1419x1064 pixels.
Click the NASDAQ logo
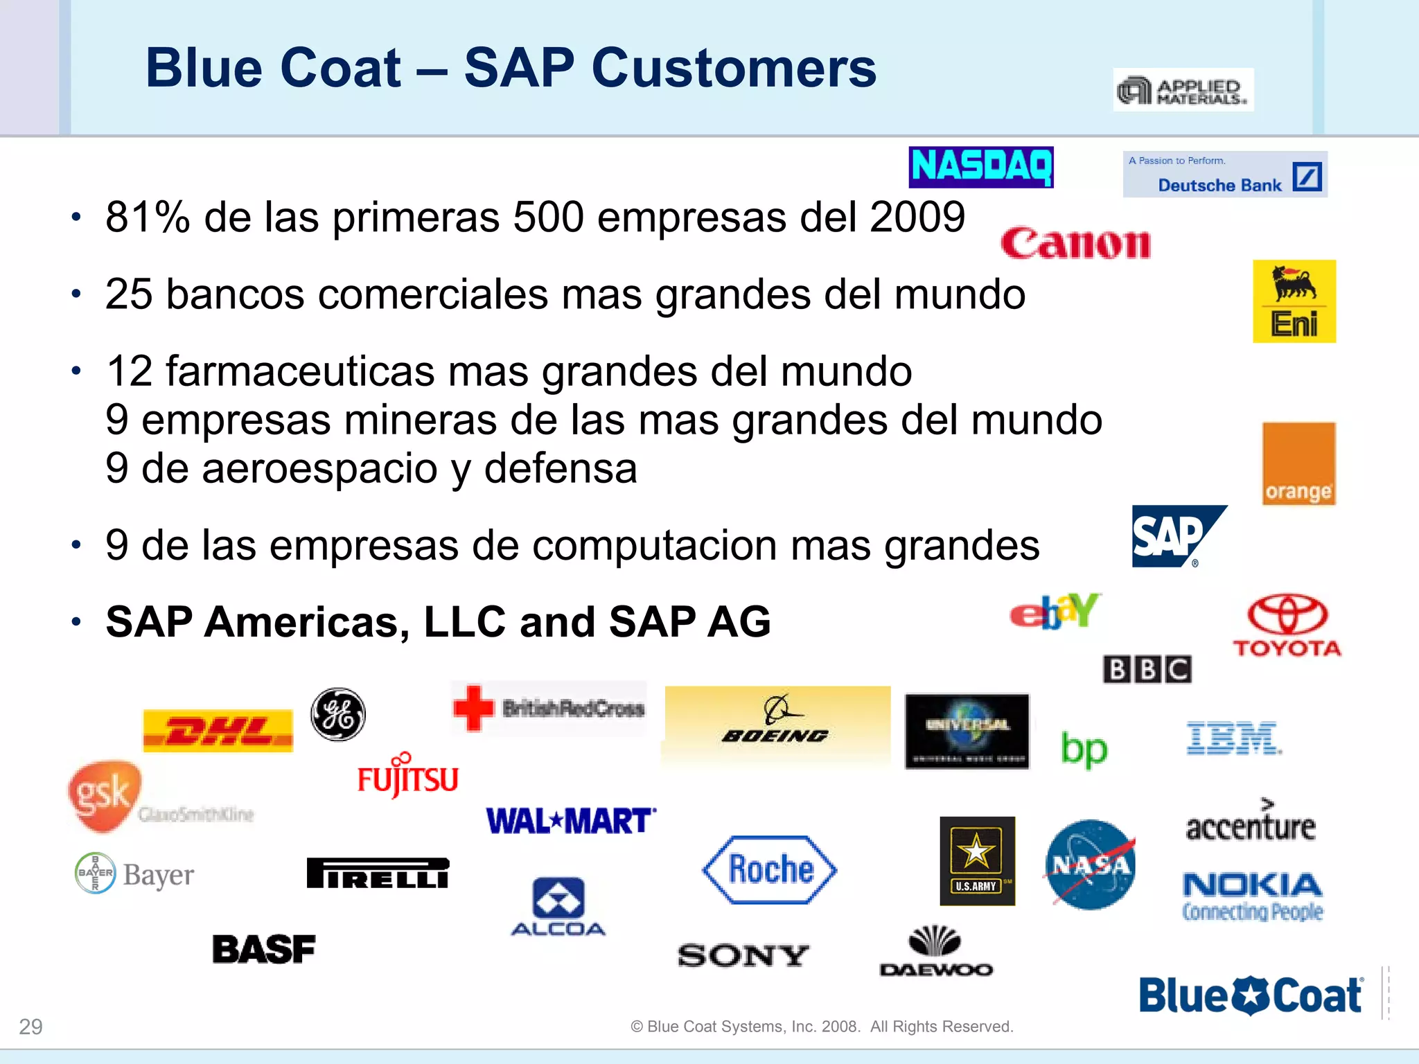coord(980,167)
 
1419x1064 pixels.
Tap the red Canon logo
coord(1075,244)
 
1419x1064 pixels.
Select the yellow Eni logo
coord(1294,301)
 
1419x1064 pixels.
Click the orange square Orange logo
coord(1298,463)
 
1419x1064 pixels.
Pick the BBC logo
coord(1147,669)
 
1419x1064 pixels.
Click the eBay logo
coord(1055,612)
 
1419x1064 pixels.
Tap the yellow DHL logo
coord(218,731)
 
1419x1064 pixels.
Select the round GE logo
coord(337,714)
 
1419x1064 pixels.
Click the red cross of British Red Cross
coord(473,708)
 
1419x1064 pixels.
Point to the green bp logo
coord(1084,749)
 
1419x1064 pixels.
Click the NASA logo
coord(1090,864)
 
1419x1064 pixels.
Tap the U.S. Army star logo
coord(977,860)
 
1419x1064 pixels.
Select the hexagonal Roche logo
coord(770,869)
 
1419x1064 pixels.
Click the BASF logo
coord(263,949)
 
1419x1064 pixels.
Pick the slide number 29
coord(30,1027)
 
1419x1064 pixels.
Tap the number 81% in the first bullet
coord(148,218)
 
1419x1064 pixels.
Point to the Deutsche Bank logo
coord(1224,175)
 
